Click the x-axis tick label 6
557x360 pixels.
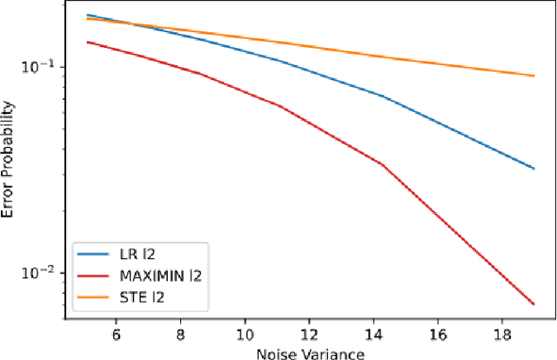pos(117,333)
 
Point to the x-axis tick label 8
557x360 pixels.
pos(180,333)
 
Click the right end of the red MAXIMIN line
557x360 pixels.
pos(534,304)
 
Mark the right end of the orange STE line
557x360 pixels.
pos(534,76)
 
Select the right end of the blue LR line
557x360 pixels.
pos(534,169)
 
